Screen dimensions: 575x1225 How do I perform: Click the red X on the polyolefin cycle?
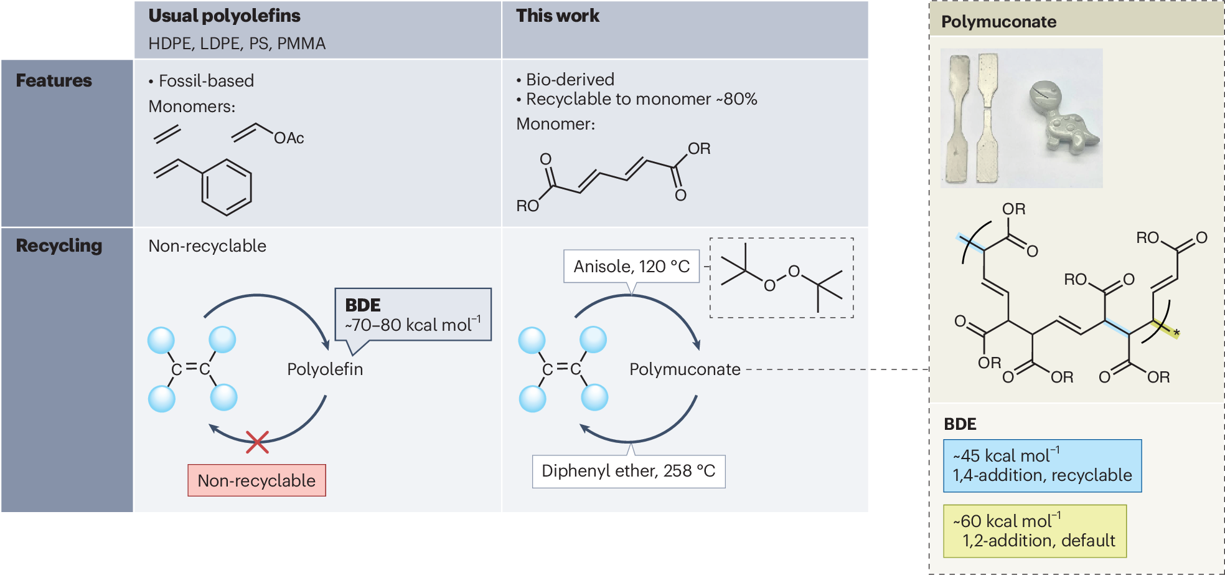(256, 442)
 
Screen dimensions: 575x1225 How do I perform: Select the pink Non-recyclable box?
(256, 480)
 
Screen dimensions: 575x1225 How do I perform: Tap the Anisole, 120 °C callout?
(631, 267)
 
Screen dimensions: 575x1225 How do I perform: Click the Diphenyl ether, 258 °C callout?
(629, 471)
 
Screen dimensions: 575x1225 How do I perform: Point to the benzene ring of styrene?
(227, 187)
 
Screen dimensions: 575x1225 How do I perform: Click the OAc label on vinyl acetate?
(289, 138)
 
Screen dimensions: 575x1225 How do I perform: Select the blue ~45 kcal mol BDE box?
(1042, 466)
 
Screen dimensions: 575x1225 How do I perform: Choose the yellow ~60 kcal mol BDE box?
(1035, 531)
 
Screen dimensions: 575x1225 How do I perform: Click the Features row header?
(54, 81)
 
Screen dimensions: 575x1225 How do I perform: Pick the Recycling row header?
(59, 246)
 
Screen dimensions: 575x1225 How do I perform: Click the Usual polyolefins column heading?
(224, 16)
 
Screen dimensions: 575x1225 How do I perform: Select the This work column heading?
(558, 16)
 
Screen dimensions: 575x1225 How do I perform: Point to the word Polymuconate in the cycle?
(685, 369)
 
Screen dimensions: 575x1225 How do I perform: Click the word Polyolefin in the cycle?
(325, 369)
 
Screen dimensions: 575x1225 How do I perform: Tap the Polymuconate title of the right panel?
(998, 22)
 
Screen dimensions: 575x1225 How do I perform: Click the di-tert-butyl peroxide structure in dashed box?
(782, 278)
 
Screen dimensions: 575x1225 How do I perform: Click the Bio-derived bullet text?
(570, 80)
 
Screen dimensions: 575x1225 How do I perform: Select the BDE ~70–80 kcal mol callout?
(413, 315)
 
